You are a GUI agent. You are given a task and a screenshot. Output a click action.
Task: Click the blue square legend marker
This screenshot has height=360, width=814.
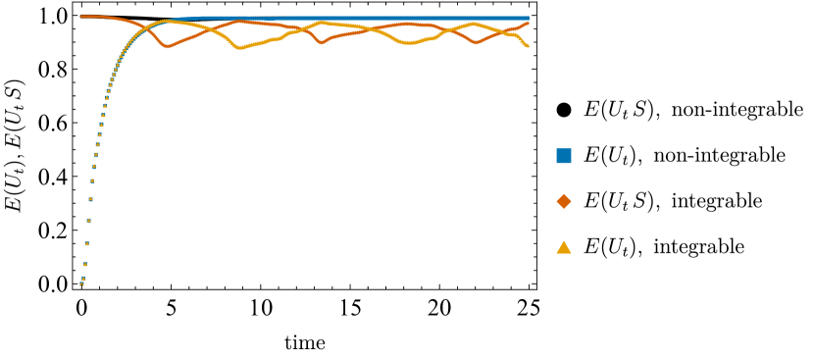pyautogui.click(x=564, y=156)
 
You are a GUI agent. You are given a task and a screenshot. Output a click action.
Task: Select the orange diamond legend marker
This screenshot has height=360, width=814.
pyautogui.click(x=564, y=201)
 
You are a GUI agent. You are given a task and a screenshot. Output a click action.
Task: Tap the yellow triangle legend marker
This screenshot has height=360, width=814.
pyautogui.click(x=564, y=247)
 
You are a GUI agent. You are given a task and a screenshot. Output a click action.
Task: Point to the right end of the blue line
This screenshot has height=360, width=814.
pyautogui.click(x=529, y=18)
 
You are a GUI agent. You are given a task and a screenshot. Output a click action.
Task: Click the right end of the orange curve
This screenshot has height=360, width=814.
pyautogui.click(x=529, y=23)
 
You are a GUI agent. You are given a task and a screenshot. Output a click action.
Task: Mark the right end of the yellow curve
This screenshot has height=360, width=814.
pyautogui.click(x=529, y=46)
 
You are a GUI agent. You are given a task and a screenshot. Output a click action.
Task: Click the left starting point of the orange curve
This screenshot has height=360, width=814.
pyautogui.click(x=82, y=17)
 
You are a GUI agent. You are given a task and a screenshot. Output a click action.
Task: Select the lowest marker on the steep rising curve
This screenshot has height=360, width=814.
pyautogui.click(x=81, y=284)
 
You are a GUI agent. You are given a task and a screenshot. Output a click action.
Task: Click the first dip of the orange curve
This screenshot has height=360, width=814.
pyautogui.click(x=168, y=46)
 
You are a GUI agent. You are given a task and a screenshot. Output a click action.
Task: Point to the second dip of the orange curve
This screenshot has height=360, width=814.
pyautogui.click(x=322, y=43)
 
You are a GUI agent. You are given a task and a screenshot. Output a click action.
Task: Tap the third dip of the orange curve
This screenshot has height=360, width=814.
pyautogui.click(x=477, y=42)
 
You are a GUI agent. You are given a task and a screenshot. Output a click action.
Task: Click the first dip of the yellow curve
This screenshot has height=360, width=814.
pyautogui.click(x=241, y=46)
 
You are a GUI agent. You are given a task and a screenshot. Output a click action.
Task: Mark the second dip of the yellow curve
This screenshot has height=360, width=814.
pyautogui.click(x=412, y=43)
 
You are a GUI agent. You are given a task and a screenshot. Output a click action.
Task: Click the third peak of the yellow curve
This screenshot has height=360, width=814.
pyautogui.click(x=474, y=24)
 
